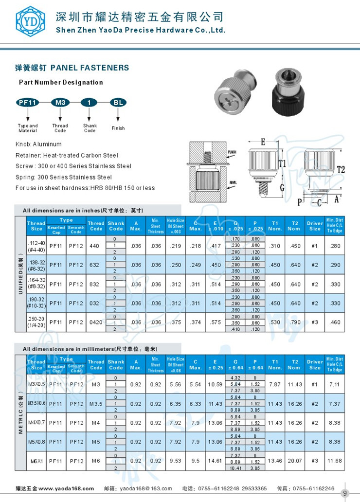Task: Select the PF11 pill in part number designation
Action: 27,103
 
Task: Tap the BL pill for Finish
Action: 118,103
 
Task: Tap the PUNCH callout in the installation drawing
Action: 232,152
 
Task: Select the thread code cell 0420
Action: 96,323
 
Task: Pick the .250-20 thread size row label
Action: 36,323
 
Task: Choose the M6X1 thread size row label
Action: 36,461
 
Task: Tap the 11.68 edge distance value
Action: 335,461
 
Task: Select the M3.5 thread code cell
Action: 96,404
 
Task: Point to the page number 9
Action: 345,492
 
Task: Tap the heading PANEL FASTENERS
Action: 90,68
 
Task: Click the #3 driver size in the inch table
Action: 315,323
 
